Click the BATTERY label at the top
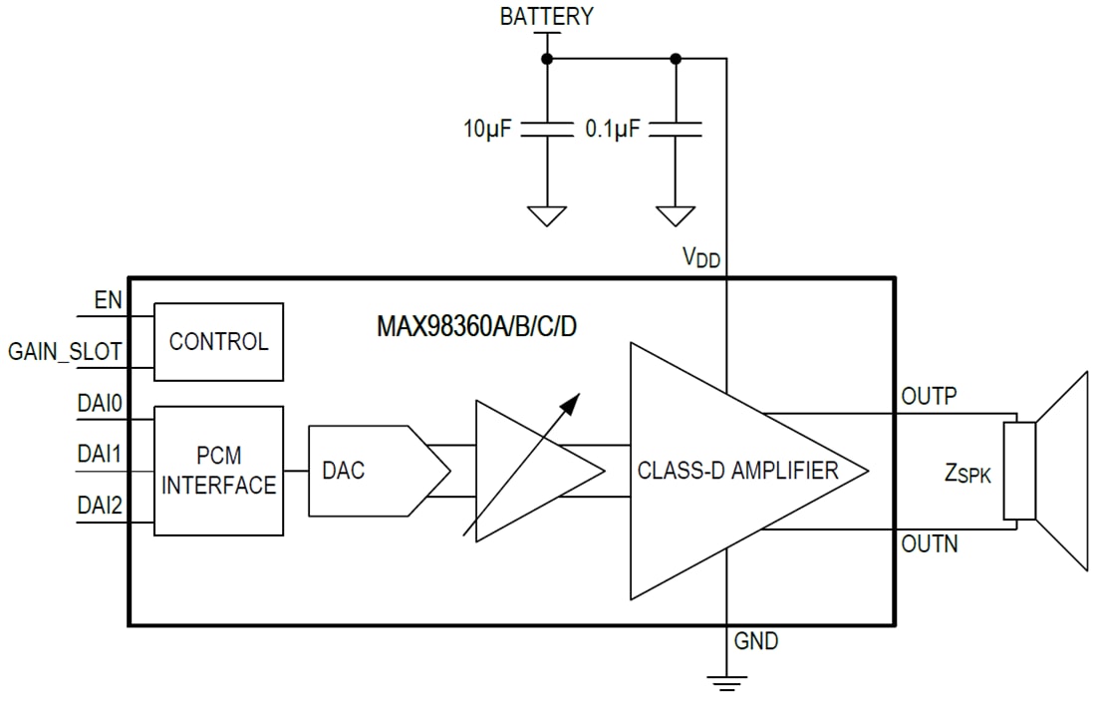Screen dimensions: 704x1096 pos(546,16)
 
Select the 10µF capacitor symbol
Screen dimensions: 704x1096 pos(547,129)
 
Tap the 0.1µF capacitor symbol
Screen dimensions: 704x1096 pos(676,129)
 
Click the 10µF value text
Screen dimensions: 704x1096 pos(487,129)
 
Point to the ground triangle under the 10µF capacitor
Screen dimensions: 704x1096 pos(547,214)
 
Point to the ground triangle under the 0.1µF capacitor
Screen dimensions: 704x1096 pos(676,214)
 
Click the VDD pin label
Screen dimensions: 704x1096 pos(700,257)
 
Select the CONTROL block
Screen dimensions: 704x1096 pos(218,342)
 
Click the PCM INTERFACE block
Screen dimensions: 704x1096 pos(218,472)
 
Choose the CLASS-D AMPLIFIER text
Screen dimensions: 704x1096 pos(737,471)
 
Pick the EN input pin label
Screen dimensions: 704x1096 pos(107,299)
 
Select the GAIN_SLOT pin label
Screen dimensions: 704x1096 pos(67,351)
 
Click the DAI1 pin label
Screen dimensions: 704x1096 pos(100,455)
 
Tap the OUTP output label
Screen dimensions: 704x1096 pos(929,396)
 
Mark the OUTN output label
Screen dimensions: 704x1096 pos(929,544)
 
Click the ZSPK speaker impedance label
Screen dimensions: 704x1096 pos(967,473)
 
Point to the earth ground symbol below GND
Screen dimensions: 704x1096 pos(727,682)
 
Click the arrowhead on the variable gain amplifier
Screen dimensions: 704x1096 pos(569,403)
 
